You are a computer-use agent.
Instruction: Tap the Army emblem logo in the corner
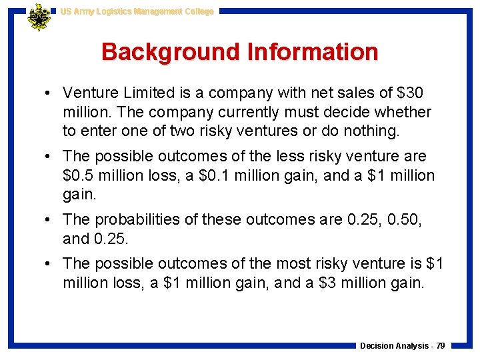pyautogui.click(x=39, y=17)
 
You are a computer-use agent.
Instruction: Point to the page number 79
pyautogui.click(x=440, y=346)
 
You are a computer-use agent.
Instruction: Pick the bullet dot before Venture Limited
pyautogui.click(x=50, y=93)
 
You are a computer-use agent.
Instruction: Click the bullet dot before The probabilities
pyautogui.click(x=50, y=220)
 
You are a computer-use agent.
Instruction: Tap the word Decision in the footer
pyautogui.click(x=377, y=346)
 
